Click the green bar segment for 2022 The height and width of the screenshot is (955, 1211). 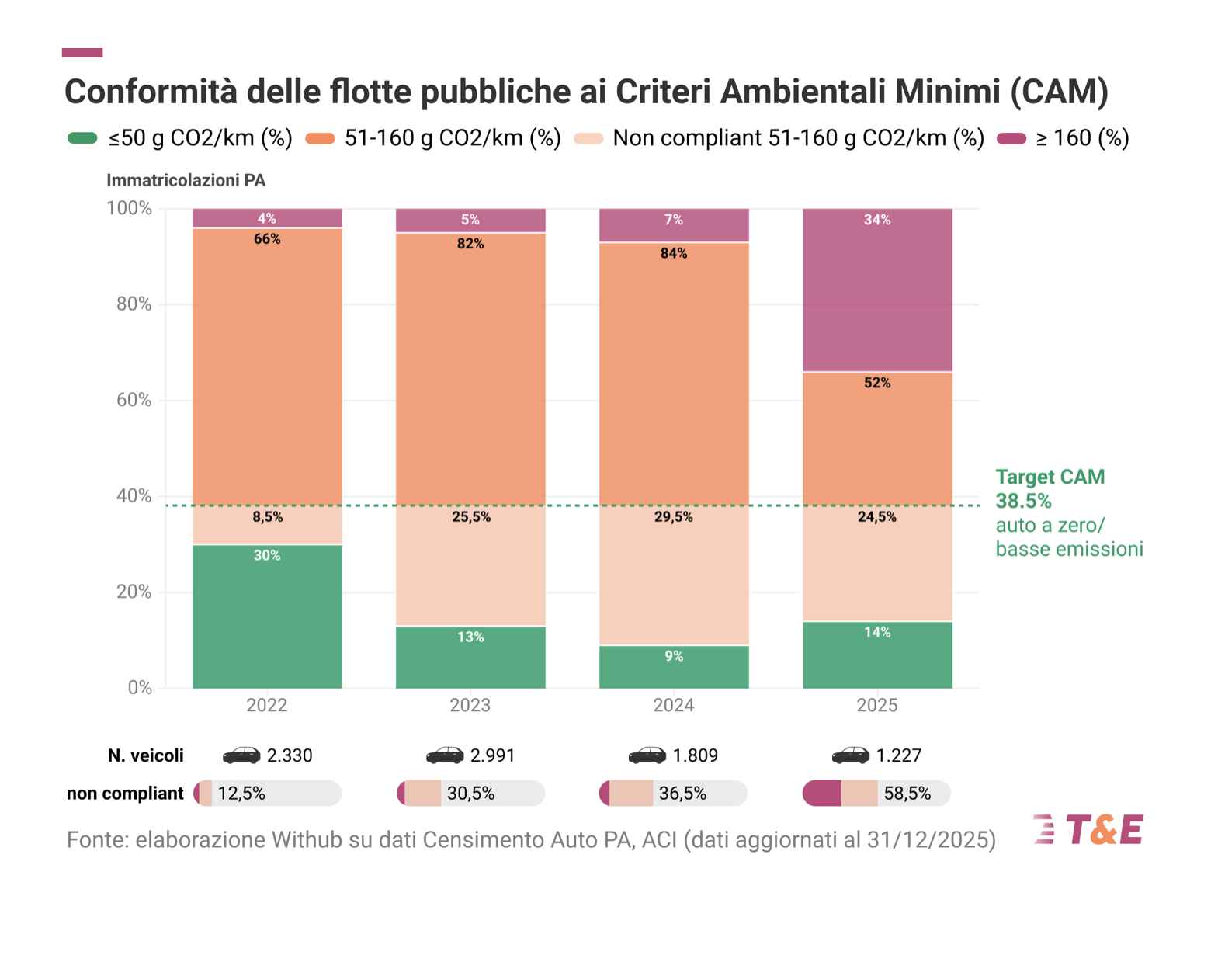tap(267, 616)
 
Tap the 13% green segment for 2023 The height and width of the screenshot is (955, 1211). tap(470, 657)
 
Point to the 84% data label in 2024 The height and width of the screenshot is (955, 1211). tap(673, 253)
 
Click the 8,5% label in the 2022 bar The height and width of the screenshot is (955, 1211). tap(267, 517)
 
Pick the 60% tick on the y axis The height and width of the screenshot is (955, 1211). tap(134, 400)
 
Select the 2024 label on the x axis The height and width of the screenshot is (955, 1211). tap(673, 705)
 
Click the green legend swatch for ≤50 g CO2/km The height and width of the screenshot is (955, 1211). tap(82, 138)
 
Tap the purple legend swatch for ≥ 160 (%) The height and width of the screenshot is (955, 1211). tap(1011, 138)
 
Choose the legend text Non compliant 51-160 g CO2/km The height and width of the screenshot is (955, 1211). tap(798, 138)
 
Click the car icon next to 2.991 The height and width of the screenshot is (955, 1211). tap(445, 755)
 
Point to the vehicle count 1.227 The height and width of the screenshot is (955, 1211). tap(898, 755)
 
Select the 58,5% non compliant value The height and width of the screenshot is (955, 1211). tap(907, 794)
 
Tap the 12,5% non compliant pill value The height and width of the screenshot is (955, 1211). tap(241, 794)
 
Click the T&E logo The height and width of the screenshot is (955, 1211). tap(1088, 829)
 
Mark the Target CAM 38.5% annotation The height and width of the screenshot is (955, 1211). tap(1050, 488)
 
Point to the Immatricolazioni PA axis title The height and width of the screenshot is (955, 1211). tap(186, 180)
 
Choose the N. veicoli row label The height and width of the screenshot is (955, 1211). tap(146, 755)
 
